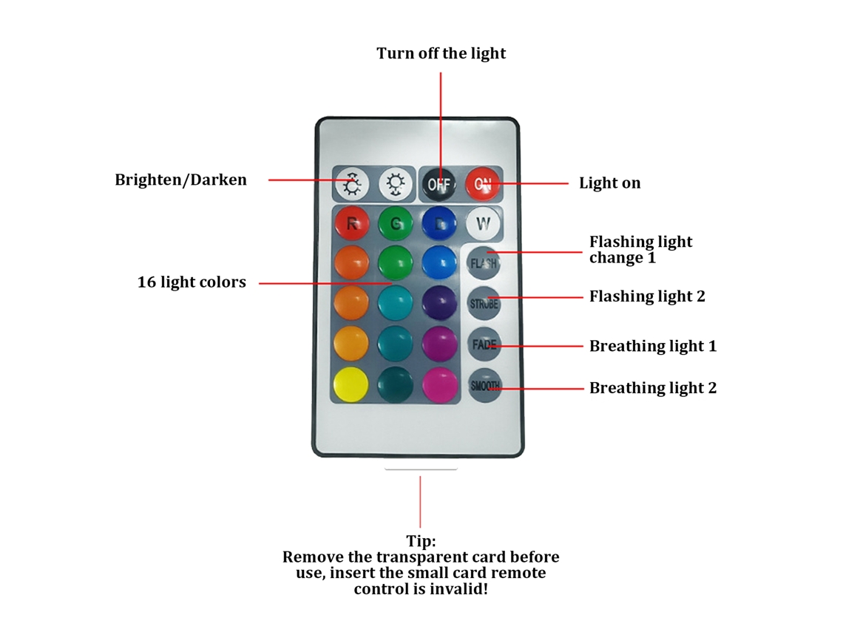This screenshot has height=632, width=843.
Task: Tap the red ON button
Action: pyautogui.click(x=483, y=184)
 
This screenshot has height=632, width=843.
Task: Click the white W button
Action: pyautogui.click(x=483, y=223)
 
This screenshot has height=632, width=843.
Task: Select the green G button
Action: pyautogui.click(x=395, y=223)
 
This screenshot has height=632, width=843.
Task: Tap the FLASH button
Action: pyautogui.click(x=484, y=263)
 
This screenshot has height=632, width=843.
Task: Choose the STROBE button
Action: pyautogui.click(x=484, y=303)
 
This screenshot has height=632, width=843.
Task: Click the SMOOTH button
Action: pyautogui.click(x=485, y=385)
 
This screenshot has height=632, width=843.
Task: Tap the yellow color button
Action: pyautogui.click(x=351, y=384)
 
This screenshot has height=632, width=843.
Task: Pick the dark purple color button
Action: pyautogui.click(x=440, y=302)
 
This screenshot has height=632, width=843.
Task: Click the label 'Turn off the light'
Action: pyautogui.click(x=441, y=53)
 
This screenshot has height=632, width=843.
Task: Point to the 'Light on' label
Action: pyautogui.click(x=609, y=183)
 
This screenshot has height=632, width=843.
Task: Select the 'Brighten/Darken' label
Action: pyautogui.click(x=180, y=180)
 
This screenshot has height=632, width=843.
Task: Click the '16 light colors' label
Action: pyautogui.click(x=192, y=282)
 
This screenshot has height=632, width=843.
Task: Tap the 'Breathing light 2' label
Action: pyautogui.click(x=653, y=388)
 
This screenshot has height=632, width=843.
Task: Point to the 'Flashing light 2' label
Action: pyautogui.click(x=647, y=296)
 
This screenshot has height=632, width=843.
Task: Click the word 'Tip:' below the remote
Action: pyautogui.click(x=421, y=540)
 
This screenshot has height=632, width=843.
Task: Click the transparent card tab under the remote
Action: pyautogui.click(x=421, y=469)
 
